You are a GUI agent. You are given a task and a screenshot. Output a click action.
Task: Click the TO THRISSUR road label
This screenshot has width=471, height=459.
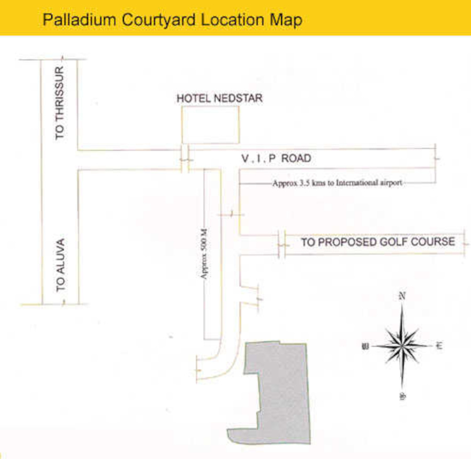click(x=60, y=103)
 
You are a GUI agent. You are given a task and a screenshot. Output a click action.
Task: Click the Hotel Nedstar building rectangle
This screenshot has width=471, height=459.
click(x=210, y=125)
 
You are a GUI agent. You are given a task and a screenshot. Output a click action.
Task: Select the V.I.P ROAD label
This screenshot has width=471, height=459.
click(x=276, y=158)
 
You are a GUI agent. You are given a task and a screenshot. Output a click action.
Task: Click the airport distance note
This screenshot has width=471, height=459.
click(x=337, y=183)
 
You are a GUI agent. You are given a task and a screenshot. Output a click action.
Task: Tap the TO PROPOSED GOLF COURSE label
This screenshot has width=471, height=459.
click(x=378, y=242)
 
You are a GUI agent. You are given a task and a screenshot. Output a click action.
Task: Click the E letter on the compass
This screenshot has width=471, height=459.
click(x=439, y=345)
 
